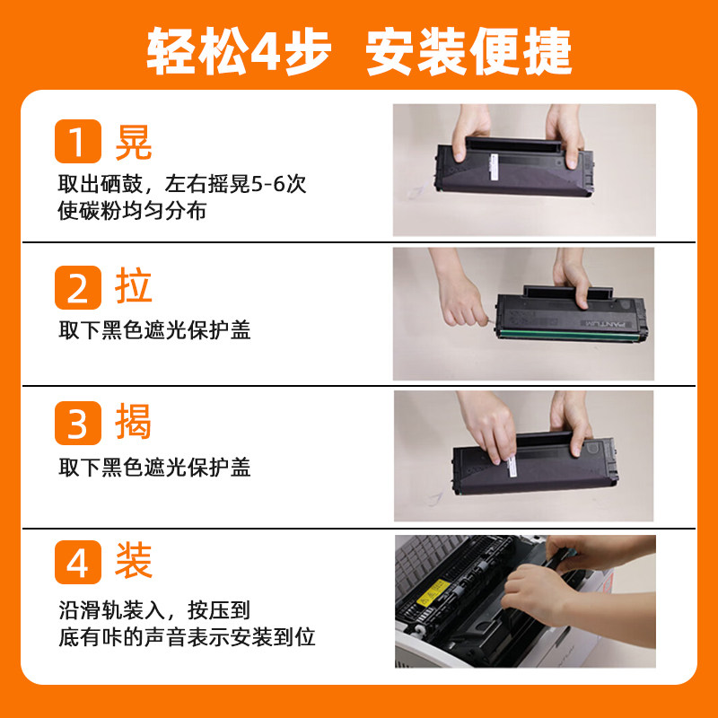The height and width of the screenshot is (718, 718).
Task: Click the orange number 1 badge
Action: [78, 141]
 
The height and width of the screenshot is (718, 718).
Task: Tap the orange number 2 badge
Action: [78, 287]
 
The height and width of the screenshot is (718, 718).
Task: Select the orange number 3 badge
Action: [78, 423]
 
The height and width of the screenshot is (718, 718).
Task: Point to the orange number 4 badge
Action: [78, 562]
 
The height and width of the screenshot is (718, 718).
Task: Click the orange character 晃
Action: [133, 142]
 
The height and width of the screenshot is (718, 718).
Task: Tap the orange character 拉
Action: [133, 286]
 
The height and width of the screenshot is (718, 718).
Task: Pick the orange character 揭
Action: [133, 421]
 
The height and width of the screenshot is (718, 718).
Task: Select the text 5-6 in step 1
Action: [267, 184]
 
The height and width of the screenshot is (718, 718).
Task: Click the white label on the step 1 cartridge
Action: [495, 167]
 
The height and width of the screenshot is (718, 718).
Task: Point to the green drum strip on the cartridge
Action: [568, 334]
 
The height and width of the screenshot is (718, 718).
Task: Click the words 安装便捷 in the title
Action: [468, 51]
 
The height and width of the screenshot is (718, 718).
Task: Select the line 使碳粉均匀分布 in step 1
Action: [132, 211]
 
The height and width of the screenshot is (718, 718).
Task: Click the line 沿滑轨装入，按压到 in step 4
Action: [154, 610]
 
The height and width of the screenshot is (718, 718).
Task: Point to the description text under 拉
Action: [154, 330]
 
